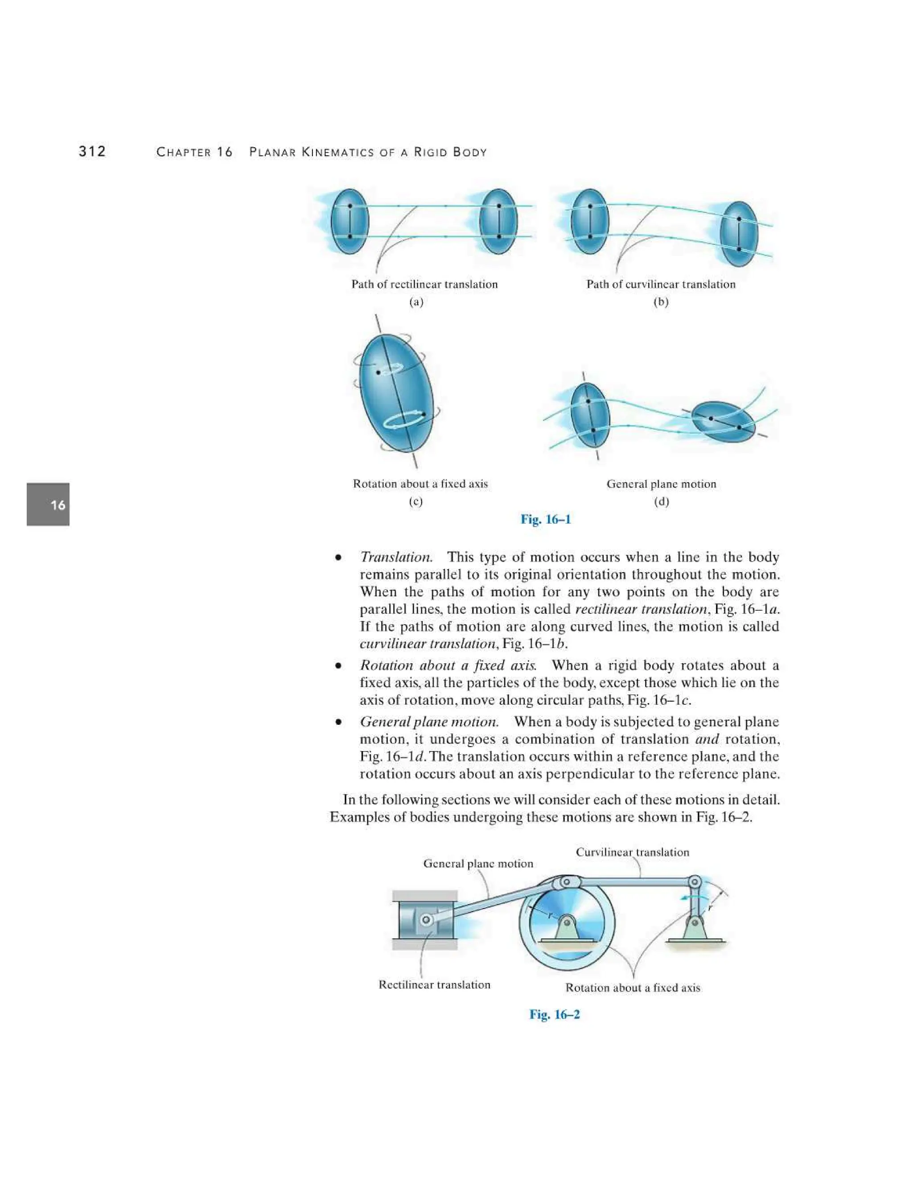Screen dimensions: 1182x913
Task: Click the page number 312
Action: point(92,152)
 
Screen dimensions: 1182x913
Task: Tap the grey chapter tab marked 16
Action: point(48,504)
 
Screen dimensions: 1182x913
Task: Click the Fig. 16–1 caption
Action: point(545,520)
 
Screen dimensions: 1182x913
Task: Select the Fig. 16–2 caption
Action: point(555,1014)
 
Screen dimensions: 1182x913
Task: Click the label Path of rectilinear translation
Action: point(424,284)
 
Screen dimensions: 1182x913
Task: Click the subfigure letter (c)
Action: point(415,501)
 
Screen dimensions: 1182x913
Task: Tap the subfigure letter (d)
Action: point(661,501)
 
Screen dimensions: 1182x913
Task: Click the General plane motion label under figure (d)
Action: point(661,484)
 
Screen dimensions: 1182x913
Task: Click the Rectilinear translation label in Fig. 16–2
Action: point(434,984)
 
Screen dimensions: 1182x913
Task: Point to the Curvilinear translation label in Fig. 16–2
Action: point(632,852)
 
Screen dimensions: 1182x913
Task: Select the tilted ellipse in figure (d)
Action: point(723,422)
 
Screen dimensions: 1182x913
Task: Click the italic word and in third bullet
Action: point(707,739)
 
